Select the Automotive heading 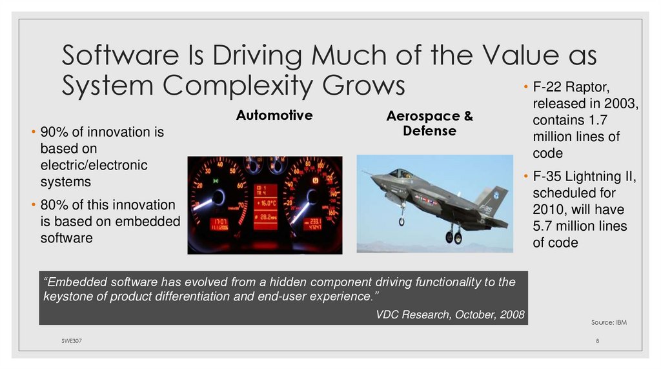click(x=274, y=116)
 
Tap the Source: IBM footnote click(x=608, y=322)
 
